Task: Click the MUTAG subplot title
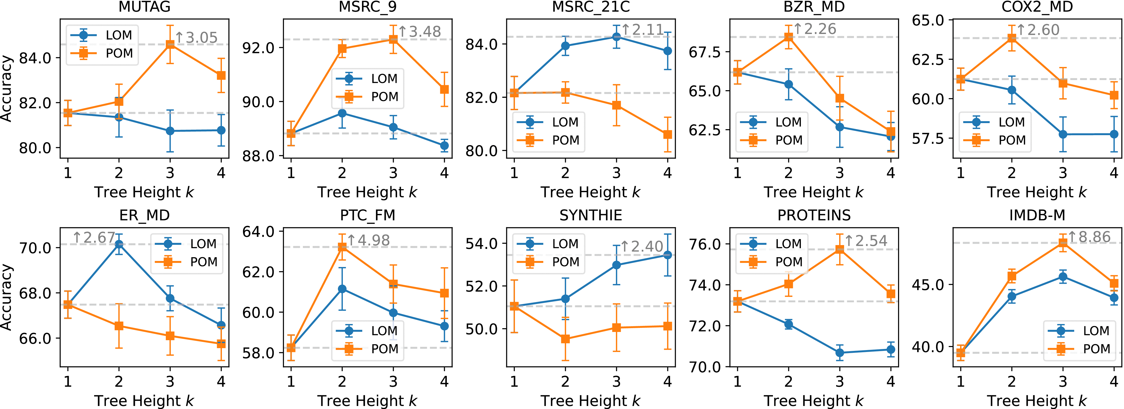pyautogui.click(x=144, y=7)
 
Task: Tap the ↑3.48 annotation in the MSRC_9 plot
pyautogui.click(x=419, y=32)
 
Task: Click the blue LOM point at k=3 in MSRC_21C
pyautogui.click(x=616, y=37)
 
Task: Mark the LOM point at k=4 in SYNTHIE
pyautogui.click(x=667, y=255)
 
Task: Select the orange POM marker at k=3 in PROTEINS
pyautogui.click(x=839, y=249)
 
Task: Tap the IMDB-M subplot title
pyautogui.click(x=1037, y=215)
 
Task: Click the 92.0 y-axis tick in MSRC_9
pyautogui.click(x=258, y=48)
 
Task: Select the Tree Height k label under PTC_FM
pyautogui.click(x=367, y=401)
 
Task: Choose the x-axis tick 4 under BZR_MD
pyautogui.click(x=891, y=174)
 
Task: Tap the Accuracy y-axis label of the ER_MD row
pyautogui.click(x=6, y=297)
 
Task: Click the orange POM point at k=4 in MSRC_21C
pyautogui.click(x=667, y=135)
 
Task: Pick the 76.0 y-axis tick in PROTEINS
pyautogui.click(x=705, y=244)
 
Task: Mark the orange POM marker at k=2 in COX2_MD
pyautogui.click(x=1012, y=38)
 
